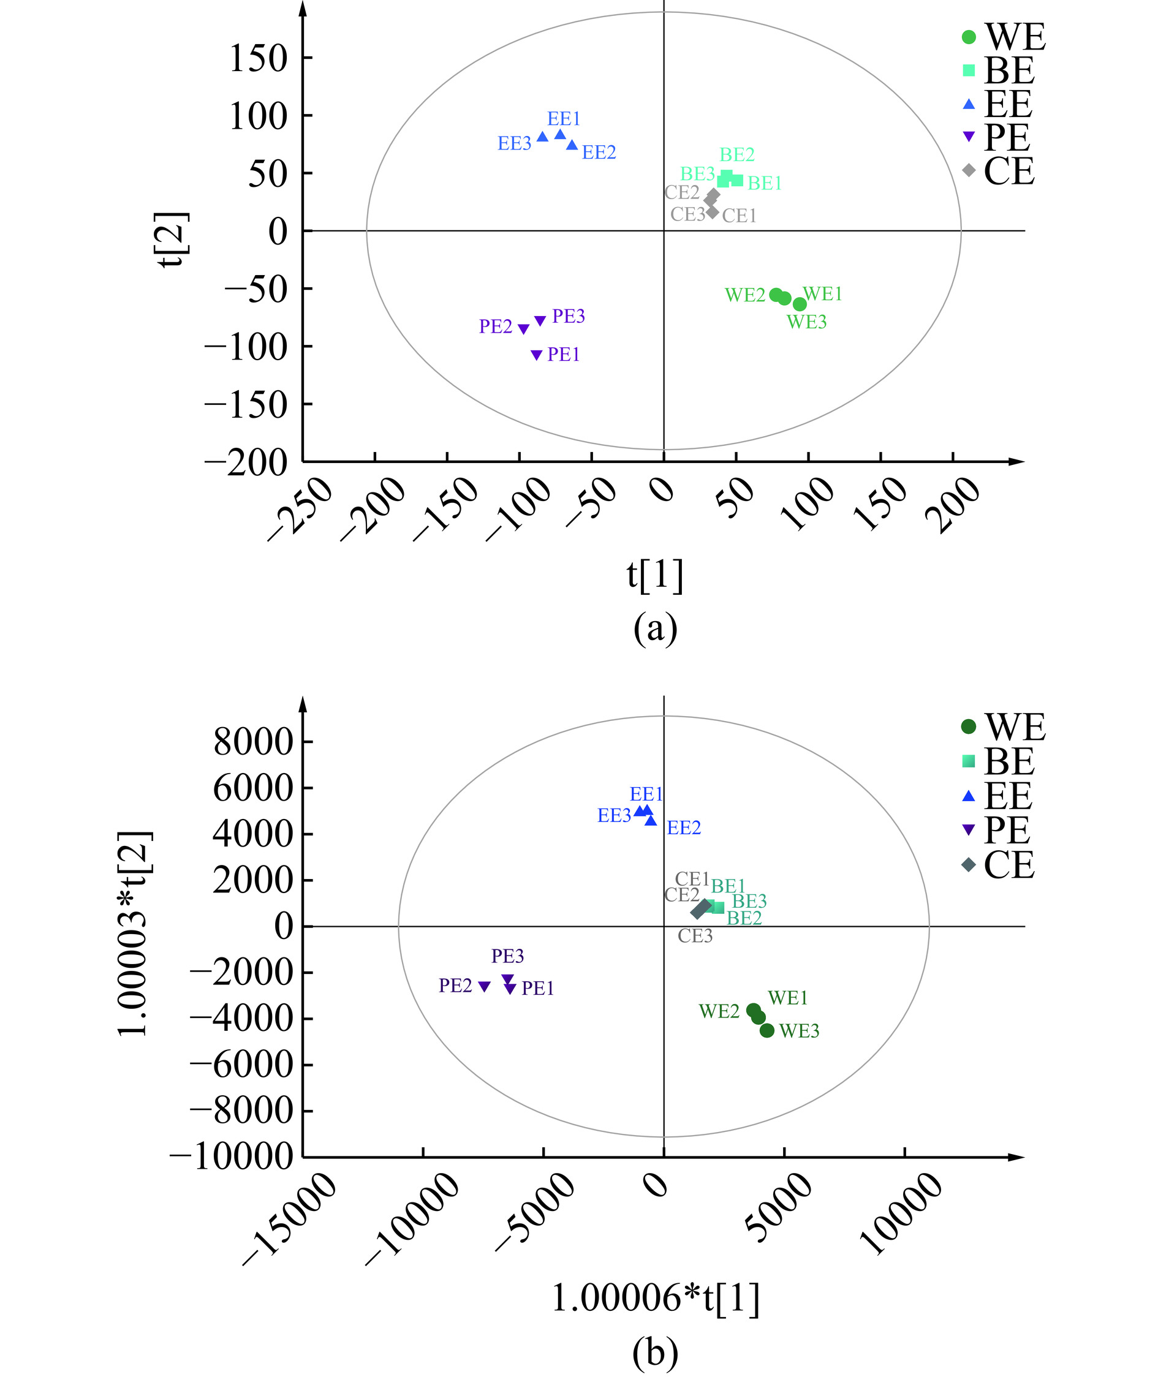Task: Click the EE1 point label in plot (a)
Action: point(563,119)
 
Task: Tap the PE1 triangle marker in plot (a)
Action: point(536,355)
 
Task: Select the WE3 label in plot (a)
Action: point(806,322)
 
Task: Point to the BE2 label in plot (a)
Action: point(736,155)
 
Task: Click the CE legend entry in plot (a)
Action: point(999,171)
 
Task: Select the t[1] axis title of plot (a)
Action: point(654,576)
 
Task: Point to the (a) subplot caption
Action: point(654,628)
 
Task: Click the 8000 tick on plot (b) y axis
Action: point(254,742)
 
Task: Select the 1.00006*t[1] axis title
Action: point(654,1297)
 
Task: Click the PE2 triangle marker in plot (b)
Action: point(485,986)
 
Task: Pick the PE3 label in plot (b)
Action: point(507,956)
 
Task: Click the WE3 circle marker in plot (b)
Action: point(766,1030)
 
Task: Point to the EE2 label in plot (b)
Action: point(683,828)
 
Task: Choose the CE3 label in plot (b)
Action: point(695,936)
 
